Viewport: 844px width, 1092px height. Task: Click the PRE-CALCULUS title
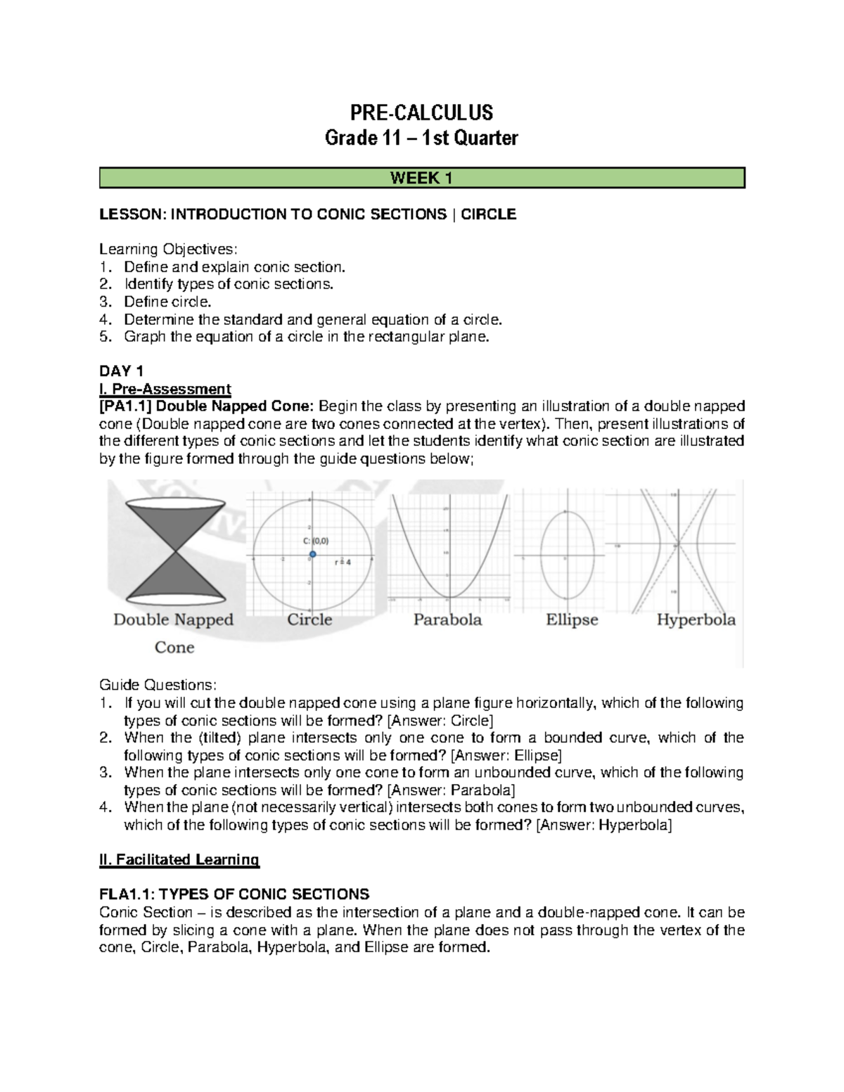click(421, 113)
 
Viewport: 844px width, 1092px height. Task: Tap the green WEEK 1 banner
click(421, 178)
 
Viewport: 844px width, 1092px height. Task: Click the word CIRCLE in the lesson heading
click(488, 214)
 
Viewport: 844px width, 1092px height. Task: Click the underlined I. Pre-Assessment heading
click(165, 389)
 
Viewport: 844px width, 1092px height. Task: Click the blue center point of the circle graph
click(312, 555)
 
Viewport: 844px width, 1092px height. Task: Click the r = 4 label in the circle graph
click(343, 563)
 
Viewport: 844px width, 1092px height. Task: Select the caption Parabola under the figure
click(447, 620)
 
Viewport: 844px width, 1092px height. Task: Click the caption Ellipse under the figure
click(572, 620)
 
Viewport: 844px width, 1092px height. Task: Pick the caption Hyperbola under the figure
click(696, 620)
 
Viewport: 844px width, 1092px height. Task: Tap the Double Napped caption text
click(173, 620)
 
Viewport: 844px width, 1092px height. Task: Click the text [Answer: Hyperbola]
click(603, 825)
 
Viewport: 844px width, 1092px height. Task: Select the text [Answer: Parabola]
click(451, 790)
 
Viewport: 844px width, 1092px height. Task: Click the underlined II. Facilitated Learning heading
click(179, 859)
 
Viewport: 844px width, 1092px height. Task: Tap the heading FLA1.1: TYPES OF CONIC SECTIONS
click(234, 894)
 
